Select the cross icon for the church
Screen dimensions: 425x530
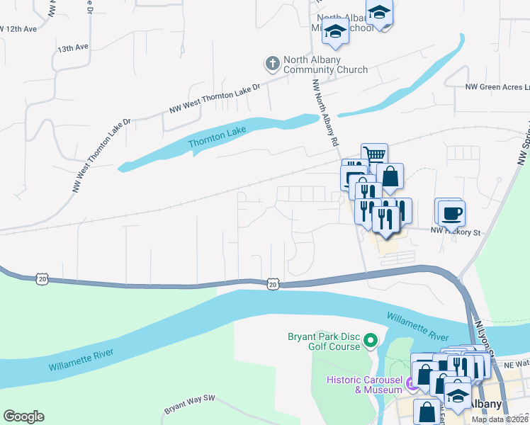[x=271, y=64]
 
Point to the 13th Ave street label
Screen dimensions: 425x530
[x=73, y=48]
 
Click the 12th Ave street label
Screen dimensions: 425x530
[x=19, y=29]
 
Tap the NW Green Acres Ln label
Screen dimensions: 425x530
[x=497, y=87]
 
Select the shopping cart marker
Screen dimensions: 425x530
[x=374, y=154]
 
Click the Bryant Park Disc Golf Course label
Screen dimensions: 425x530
[x=324, y=341]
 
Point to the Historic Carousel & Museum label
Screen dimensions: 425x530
[x=364, y=385]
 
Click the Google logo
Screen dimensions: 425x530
[x=23, y=416]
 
